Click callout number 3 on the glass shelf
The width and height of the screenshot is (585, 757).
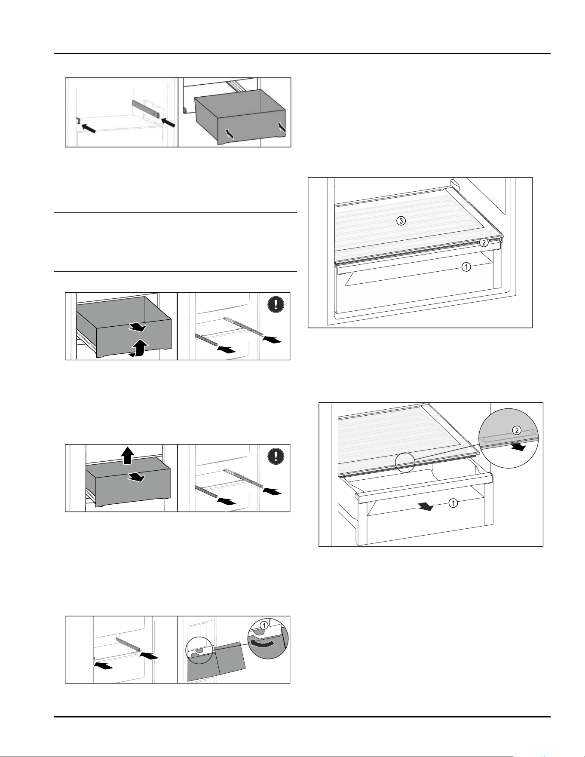tap(401, 221)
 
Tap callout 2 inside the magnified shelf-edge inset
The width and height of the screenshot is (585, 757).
tap(517, 429)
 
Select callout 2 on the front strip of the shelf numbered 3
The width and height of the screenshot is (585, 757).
tap(484, 242)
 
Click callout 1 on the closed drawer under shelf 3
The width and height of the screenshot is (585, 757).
tap(466, 267)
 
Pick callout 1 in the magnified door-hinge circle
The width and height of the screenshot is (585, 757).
tap(265, 624)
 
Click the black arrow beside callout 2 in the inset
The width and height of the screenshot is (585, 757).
tap(518, 447)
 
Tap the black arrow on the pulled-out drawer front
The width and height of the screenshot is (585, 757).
tap(426, 507)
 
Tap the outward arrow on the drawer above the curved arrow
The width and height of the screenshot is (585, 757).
tap(137, 328)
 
